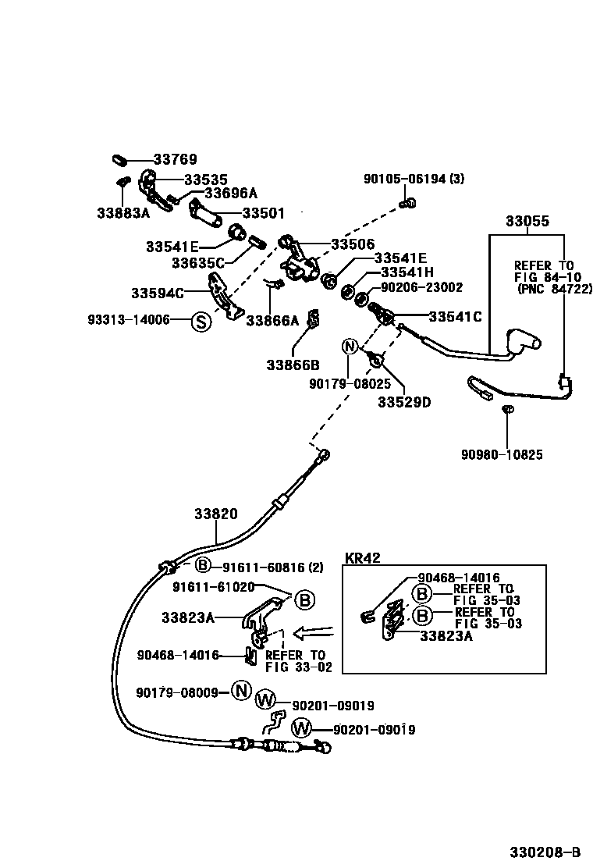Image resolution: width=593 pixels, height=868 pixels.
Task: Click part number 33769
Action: point(175,159)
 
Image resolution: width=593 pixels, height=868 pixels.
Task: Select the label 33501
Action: point(263,212)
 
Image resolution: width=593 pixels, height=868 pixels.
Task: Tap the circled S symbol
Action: point(201,320)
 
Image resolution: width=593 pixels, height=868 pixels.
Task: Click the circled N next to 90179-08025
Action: point(349,347)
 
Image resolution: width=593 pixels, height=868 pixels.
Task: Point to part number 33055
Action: point(527,221)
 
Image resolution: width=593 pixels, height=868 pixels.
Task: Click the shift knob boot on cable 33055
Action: point(521,342)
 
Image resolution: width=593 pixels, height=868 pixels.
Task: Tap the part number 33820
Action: point(215,514)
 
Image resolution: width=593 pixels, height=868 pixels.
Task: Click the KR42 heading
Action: point(362,558)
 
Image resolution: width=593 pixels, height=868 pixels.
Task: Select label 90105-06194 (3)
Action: point(414,179)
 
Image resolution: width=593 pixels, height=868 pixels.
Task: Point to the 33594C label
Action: point(157,293)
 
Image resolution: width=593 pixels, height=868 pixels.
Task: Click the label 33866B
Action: point(293,365)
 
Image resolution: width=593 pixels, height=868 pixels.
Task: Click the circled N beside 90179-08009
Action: point(241,692)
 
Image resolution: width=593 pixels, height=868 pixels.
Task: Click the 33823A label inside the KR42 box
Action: point(446,636)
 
